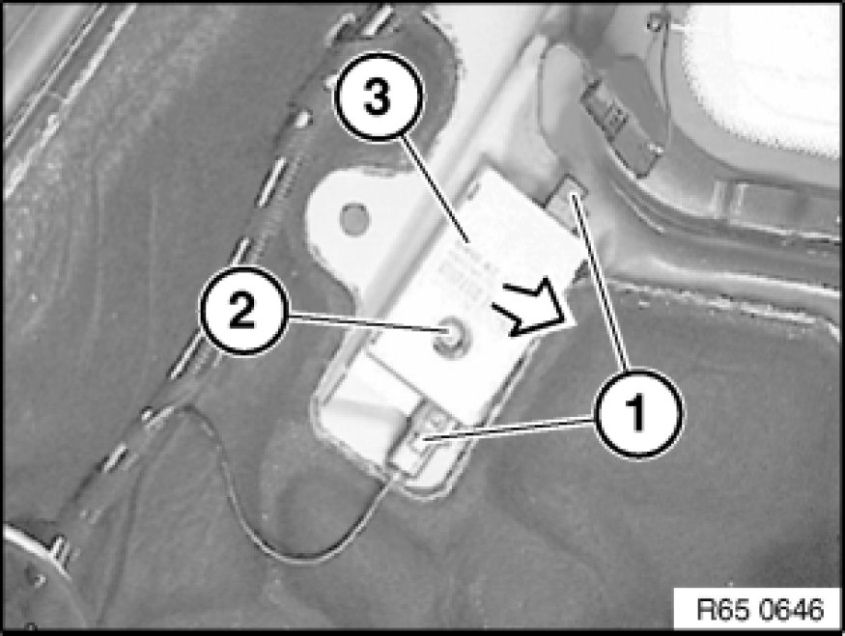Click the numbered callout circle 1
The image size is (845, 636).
pos(638,414)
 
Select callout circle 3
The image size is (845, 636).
pos(379,97)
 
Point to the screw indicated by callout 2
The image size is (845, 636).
pos(451,338)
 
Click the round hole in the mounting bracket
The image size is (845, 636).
pos(355,219)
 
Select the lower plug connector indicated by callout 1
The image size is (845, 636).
pos(416,443)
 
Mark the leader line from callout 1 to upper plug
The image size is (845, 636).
pos(600,283)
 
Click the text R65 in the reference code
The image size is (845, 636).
pos(722,609)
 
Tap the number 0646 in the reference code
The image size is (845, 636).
pos(791,609)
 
